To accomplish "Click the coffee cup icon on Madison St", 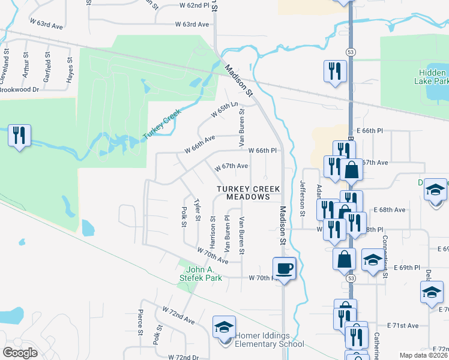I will tap(285, 268).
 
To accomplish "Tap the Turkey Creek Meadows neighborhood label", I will tap(249, 193).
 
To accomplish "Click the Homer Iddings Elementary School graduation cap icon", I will tap(224, 328).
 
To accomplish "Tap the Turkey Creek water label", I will tap(162, 125).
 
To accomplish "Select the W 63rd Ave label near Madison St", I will tap(192, 25).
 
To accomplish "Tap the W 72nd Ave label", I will tap(178, 314).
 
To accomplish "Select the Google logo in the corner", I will tap(20, 353).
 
